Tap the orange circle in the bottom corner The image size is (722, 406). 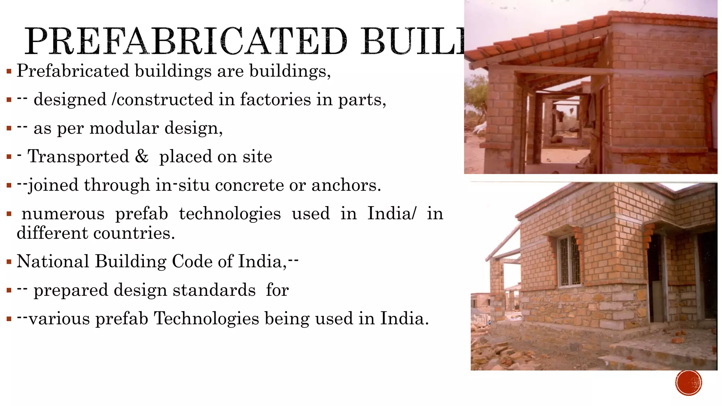[x=689, y=382]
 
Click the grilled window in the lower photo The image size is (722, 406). [x=569, y=261]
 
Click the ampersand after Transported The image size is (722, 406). [x=142, y=156]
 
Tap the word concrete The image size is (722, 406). [x=249, y=185]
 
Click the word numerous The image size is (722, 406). [x=63, y=214]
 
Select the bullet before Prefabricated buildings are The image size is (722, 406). [x=9, y=72]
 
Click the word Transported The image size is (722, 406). [x=78, y=156]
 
